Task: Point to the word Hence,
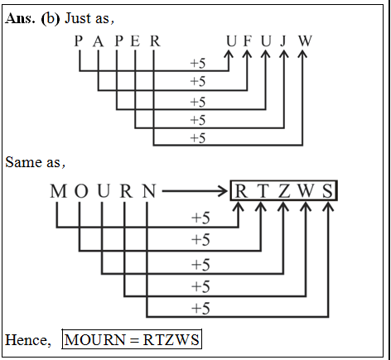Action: (x=27, y=340)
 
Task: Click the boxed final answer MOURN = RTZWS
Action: (x=132, y=340)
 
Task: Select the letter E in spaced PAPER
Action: (x=136, y=41)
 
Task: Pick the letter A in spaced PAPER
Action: (x=98, y=41)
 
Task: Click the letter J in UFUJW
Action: (x=284, y=41)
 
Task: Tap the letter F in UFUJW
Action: (x=248, y=41)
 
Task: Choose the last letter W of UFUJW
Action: (x=305, y=41)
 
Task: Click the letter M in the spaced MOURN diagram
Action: (x=57, y=192)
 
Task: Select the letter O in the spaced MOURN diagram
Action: (x=80, y=192)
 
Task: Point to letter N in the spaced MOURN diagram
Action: (x=147, y=192)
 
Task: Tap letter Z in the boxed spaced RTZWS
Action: (x=284, y=192)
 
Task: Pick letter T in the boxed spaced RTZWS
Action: (x=262, y=192)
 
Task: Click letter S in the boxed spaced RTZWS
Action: (x=328, y=192)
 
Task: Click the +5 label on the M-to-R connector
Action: (x=200, y=218)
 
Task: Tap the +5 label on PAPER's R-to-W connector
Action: (x=197, y=138)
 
